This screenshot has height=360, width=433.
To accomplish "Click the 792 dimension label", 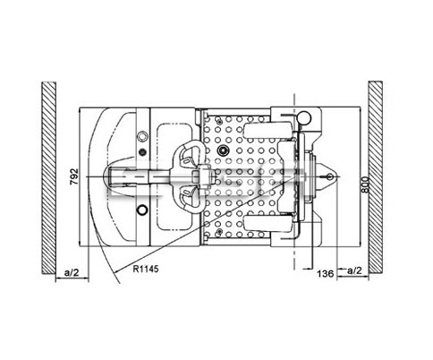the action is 74,176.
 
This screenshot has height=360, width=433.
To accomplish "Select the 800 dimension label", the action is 366,185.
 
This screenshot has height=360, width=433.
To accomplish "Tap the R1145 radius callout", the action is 146,269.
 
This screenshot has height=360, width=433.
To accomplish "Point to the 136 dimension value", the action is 325,273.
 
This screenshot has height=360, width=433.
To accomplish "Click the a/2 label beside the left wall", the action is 72,272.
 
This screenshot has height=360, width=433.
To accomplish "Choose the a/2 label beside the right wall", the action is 354,270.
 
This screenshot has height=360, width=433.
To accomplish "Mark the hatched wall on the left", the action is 48,177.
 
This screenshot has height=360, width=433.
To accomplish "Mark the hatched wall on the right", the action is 376,177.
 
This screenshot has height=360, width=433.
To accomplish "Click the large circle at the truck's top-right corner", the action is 304,117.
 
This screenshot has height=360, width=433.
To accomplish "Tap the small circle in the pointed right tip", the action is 330,176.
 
